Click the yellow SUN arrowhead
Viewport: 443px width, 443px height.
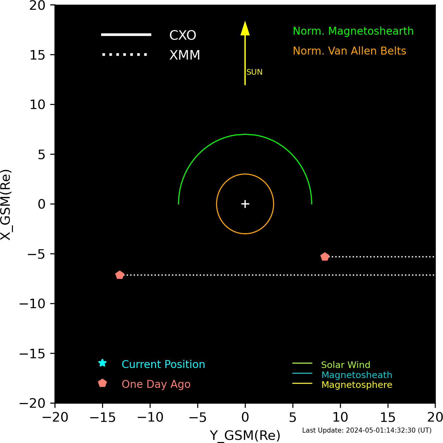245,28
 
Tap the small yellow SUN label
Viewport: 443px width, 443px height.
254,72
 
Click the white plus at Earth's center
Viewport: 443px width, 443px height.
245,204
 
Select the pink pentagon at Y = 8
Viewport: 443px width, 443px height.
325,257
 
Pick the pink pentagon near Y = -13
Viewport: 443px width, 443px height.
120,275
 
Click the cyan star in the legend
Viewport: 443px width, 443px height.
102,363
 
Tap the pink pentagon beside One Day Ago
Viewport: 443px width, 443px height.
102,383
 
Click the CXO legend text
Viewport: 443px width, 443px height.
183,35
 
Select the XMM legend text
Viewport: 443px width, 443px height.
185,55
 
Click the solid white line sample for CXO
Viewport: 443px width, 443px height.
126,35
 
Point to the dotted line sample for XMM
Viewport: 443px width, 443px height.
124,55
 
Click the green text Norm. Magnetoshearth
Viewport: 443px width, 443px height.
353,31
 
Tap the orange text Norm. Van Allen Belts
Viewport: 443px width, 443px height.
349,51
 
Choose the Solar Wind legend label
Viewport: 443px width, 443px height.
346,365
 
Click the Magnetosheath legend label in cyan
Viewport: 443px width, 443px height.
357,375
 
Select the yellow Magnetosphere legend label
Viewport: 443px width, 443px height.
357,385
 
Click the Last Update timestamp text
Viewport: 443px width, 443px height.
367,430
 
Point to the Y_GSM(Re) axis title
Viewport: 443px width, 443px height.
245,435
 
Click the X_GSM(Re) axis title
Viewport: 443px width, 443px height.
6,205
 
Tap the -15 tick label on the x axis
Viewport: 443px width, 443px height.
102,417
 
